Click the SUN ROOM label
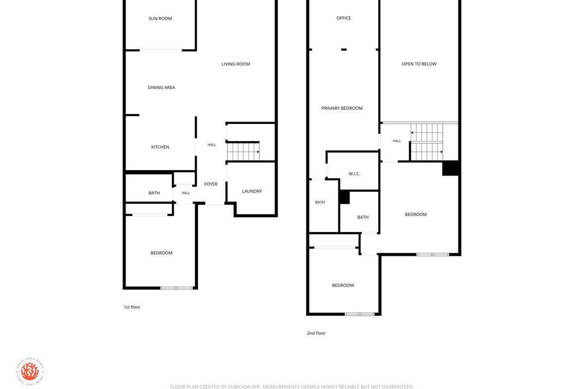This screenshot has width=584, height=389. [x=160, y=18]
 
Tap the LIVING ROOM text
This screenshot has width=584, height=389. [x=236, y=64]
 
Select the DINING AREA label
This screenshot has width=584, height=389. [x=162, y=88]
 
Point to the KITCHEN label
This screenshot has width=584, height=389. [x=160, y=147]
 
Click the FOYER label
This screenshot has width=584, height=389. [x=211, y=184]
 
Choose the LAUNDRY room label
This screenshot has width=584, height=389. [x=252, y=191]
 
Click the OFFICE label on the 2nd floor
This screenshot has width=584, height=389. [x=344, y=18]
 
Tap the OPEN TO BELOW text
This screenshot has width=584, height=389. [x=419, y=64]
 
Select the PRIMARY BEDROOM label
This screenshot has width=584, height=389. [x=342, y=108]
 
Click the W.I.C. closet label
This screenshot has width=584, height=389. [x=354, y=174]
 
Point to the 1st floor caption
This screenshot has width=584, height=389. [x=132, y=307]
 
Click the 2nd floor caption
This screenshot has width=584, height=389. [x=316, y=333]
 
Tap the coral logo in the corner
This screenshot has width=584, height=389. [x=30, y=371]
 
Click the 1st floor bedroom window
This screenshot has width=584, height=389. [x=176, y=288]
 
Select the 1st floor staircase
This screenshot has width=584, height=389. [x=243, y=152]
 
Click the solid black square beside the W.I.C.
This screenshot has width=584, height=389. [x=344, y=197]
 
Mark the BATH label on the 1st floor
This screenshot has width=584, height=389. [x=154, y=193]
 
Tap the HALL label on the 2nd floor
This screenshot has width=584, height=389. [x=397, y=141]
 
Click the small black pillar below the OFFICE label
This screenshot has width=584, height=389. [x=344, y=50]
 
